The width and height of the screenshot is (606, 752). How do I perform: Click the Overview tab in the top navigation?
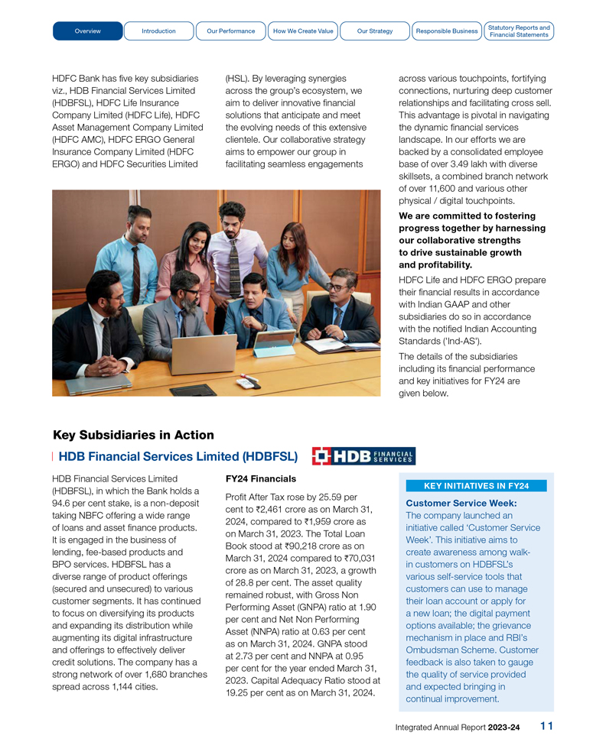(88, 31)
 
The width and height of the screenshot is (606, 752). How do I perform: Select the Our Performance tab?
(231, 31)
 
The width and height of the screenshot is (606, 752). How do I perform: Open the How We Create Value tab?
(303, 31)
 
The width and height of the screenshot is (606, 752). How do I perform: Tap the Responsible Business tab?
(446, 31)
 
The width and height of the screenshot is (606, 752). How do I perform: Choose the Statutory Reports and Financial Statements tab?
(519, 31)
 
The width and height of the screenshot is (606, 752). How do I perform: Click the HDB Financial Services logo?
(363, 456)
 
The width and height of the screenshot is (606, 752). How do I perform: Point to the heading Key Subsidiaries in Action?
(133, 435)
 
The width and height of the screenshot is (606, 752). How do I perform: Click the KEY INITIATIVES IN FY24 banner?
(477, 486)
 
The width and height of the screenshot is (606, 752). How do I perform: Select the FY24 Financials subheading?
(260, 478)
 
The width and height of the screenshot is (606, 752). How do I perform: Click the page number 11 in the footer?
(546, 726)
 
